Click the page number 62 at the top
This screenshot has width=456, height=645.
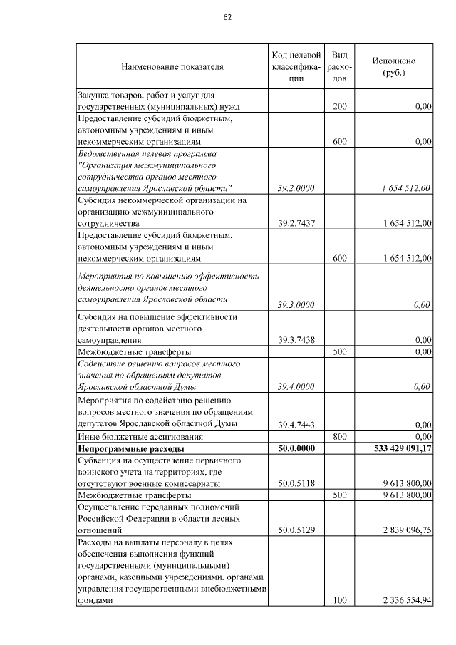[228, 17]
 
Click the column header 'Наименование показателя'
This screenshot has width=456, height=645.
[172, 67]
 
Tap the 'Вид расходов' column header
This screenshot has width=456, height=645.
[340, 67]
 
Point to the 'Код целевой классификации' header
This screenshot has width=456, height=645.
[296, 67]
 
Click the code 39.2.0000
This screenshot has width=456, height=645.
[296, 188]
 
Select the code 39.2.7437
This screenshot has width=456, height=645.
[296, 224]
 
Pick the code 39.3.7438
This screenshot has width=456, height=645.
[296, 340]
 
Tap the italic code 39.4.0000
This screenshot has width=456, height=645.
[296, 386]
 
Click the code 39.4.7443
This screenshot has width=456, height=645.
[296, 425]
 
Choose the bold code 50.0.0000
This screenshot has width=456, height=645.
[296, 448]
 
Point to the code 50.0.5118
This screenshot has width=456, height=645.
[296, 483]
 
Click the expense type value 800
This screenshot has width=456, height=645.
[340, 436]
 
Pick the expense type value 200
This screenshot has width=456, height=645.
[340, 107]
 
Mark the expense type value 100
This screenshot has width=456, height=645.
[340, 600]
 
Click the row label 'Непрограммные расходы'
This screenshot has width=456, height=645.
[131, 448]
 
